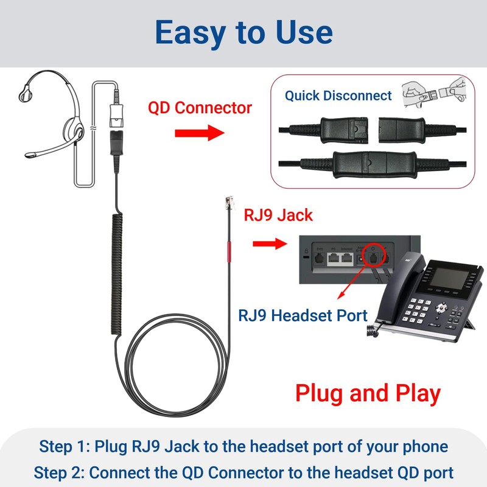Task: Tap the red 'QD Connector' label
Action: click(200, 108)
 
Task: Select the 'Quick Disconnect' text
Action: click(338, 96)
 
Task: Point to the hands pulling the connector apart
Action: click(435, 93)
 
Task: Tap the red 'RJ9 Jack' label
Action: click(278, 215)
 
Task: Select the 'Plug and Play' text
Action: click(368, 393)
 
